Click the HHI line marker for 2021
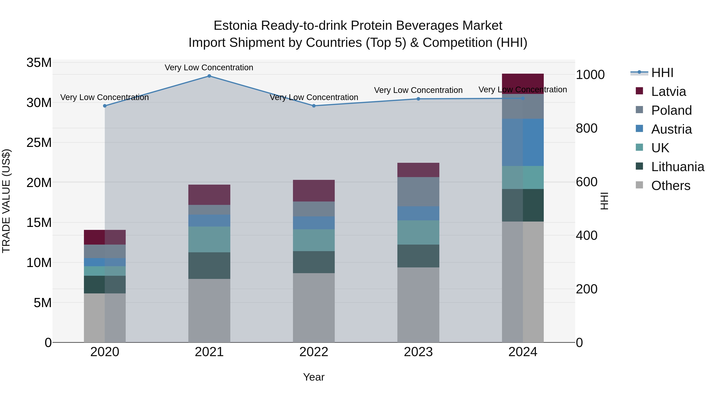point(209,76)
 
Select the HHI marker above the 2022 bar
point(314,106)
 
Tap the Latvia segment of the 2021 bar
point(209,195)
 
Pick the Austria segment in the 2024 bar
point(523,142)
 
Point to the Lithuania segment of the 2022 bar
point(314,262)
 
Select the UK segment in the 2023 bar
point(418,232)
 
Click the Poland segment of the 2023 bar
point(418,192)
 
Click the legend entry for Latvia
point(668,92)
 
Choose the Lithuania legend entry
point(678,167)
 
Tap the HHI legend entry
point(662,73)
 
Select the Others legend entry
point(671,186)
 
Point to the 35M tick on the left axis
point(39,63)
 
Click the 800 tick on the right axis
point(587,128)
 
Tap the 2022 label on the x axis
point(314,352)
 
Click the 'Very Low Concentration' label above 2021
point(209,67)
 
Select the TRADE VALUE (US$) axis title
point(6,201)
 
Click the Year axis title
point(314,377)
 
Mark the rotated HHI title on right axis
point(604,201)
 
